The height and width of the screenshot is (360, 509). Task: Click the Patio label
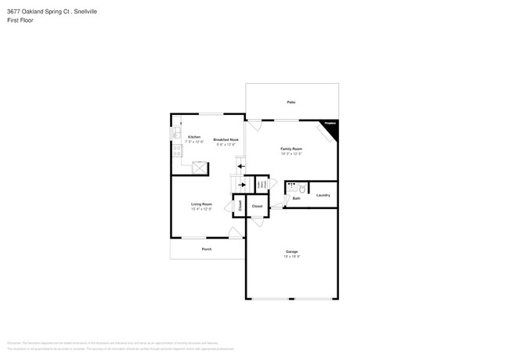[291, 103]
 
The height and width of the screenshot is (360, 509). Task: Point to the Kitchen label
[193, 137]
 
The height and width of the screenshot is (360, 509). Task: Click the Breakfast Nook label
[226, 139]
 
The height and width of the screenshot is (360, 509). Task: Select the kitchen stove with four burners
[176, 151]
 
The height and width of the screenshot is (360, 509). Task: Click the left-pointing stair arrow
[241, 166]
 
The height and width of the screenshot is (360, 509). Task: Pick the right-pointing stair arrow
[241, 185]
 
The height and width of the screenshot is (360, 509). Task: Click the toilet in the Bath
[301, 188]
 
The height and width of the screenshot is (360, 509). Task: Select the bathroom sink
[291, 188]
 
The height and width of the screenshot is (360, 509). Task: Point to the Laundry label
[323, 195]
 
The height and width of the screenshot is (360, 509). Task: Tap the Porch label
[207, 249]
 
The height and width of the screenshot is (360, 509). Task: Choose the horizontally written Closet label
[257, 206]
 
